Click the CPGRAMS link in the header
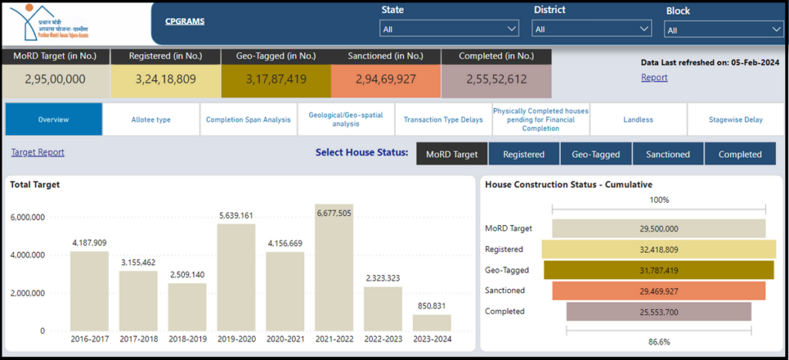(185, 22)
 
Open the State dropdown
(449, 29)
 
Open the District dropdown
(592, 29)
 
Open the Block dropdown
(724, 30)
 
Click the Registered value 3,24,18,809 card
(166, 79)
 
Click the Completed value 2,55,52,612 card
(496, 79)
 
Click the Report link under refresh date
(654, 77)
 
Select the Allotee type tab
(151, 119)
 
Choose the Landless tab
(638, 119)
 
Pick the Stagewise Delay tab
(735, 119)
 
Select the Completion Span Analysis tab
(248, 119)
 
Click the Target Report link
(38, 153)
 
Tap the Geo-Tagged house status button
(596, 154)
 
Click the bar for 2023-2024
(431, 322)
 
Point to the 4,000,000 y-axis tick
(27, 255)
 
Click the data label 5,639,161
(235, 216)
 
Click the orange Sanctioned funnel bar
(658, 291)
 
